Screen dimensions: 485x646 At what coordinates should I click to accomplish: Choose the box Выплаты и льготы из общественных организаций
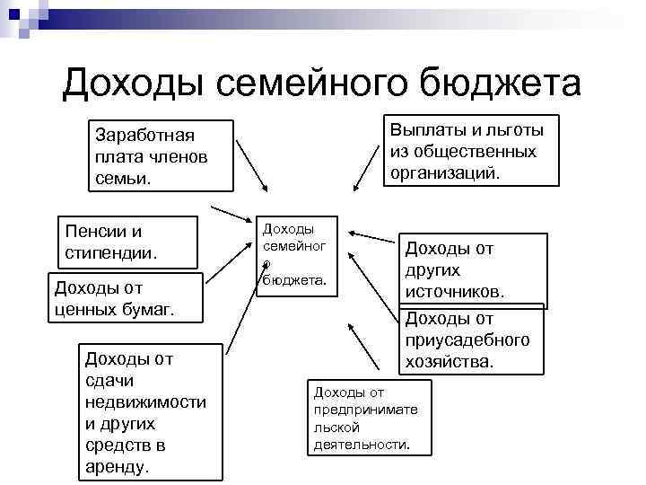[x=471, y=150]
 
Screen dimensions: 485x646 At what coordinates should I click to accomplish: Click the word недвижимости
[x=145, y=402]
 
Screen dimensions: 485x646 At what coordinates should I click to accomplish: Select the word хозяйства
[x=450, y=362]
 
